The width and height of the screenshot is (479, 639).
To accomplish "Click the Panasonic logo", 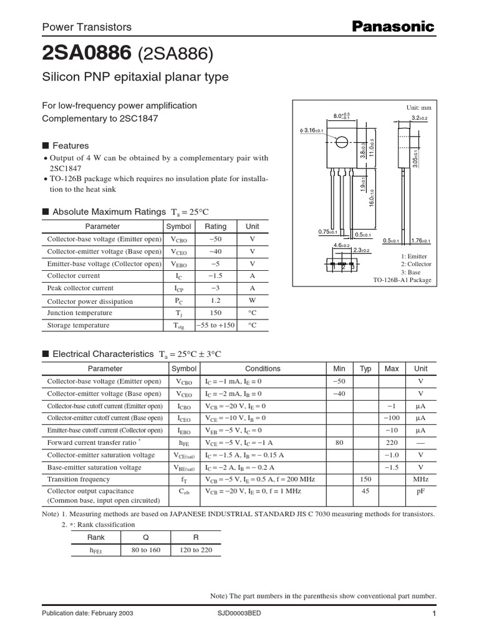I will [393, 26].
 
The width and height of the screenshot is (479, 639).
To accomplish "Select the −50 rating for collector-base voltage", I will [216, 239].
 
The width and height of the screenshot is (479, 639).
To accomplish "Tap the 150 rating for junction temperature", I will [216, 313].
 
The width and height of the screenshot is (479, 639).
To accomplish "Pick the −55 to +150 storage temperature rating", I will [216, 326].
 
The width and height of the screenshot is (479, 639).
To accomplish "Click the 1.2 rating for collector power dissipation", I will [216, 301].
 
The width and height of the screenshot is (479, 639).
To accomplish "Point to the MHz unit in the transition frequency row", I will [421, 480].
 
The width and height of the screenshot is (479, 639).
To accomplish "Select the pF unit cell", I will [421, 492].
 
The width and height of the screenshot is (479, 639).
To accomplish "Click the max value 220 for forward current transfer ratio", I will [392, 442].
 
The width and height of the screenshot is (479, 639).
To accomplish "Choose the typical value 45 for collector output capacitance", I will [366, 492].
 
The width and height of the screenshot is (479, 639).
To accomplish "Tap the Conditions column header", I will [263, 369].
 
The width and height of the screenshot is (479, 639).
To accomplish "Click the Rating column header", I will [216, 227].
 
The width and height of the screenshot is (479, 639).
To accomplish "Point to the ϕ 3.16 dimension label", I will [309, 130].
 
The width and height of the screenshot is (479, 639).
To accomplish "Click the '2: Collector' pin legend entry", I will [414, 265].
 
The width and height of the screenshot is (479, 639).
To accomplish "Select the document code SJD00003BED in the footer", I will [239, 613].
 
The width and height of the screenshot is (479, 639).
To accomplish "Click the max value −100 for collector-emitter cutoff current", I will [392, 418].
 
